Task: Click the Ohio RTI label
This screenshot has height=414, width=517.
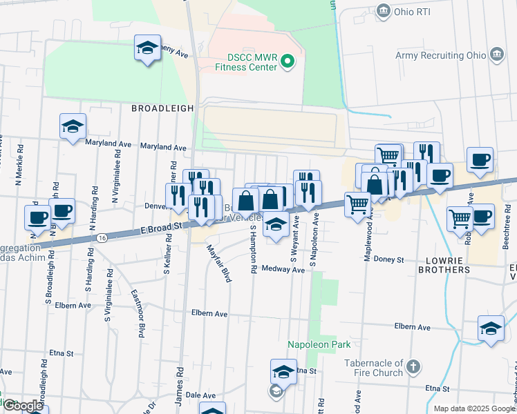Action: click(413, 11)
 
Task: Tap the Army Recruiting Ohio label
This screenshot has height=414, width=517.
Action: click(440, 55)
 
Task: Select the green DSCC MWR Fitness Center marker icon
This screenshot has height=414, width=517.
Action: click(290, 62)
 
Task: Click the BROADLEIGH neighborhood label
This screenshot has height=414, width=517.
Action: click(160, 108)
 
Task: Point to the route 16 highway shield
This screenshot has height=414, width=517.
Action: click(102, 237)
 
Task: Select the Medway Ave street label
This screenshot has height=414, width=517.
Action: click(283, 270)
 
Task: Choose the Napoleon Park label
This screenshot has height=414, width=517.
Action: click(319, 344)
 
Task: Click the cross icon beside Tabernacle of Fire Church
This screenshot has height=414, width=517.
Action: click(413, 366)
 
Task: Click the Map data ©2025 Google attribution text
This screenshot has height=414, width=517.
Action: click(473, 408)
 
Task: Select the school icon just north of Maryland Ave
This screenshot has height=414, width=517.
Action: click(73, 127)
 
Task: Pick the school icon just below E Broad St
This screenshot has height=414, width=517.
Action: click(276, 225)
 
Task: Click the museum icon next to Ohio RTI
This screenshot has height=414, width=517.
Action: click(383, 11)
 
